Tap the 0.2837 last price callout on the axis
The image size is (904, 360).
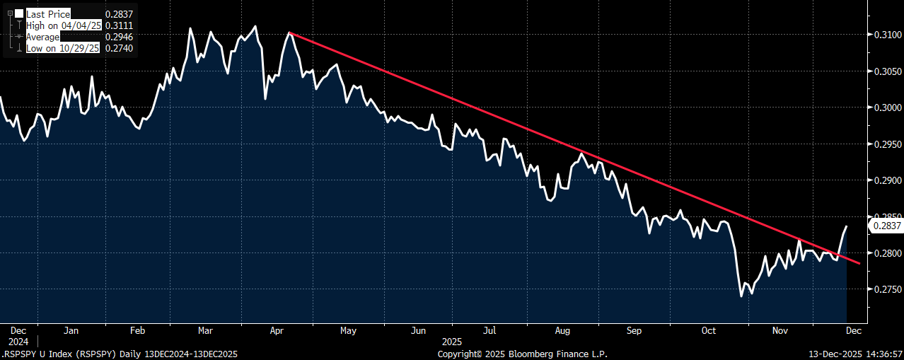tap(886, 226)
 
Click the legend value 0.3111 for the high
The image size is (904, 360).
tap(119, 25)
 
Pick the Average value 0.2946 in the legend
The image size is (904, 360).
tap(119, 37)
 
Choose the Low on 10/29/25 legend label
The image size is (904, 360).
tap(62, 48)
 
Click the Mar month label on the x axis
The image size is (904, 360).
tap(205, 330)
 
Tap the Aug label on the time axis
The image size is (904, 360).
tap(562, 330)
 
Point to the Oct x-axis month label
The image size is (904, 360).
tap(709, 330)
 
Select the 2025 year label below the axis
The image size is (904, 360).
tap(451, 342)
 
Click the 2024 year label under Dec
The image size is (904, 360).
tap(18, 342)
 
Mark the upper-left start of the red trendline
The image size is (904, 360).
tap(289, 33)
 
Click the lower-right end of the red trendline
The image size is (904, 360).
tap(859, 264)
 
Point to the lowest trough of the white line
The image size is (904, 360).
tap(741, 296)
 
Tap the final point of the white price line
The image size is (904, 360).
tap(846, 226)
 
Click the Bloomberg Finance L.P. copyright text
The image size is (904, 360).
tap(557, 354)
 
